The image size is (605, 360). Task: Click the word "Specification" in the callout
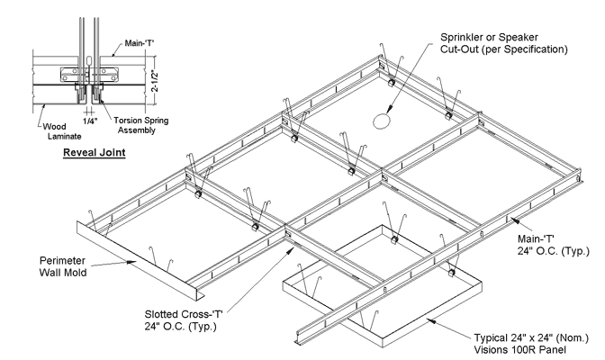coord(531,49)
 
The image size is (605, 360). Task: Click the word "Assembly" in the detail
coord(131,130)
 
